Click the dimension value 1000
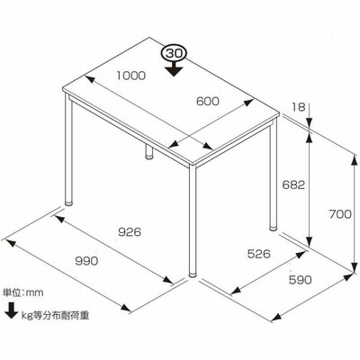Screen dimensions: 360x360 (131, 76)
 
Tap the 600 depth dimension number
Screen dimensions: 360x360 (208, 102)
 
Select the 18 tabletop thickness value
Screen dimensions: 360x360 (299, 107)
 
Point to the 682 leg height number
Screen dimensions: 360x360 (293, 184)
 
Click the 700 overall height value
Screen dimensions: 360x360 (340, 214)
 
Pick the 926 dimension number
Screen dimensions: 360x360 (130, 232)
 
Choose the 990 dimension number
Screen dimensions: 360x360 (86, 261)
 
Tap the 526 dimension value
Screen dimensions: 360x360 (258, 254)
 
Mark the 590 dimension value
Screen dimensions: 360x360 (301, 280)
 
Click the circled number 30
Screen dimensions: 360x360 (174, 54)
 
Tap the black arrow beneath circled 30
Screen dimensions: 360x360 (174, 68)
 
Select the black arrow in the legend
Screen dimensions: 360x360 (12, 310)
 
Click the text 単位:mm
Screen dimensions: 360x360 (23, 292)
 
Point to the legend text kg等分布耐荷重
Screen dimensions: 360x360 (56, 316)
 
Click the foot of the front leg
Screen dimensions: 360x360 (193, 274)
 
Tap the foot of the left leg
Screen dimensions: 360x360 (69, 202)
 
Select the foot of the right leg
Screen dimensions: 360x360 (274, 228)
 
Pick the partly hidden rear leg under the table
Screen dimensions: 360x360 (148, 152)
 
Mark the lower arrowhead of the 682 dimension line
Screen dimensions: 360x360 (310, 240)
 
